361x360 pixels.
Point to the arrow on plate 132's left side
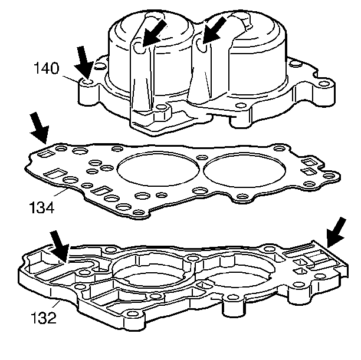(60, 246)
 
